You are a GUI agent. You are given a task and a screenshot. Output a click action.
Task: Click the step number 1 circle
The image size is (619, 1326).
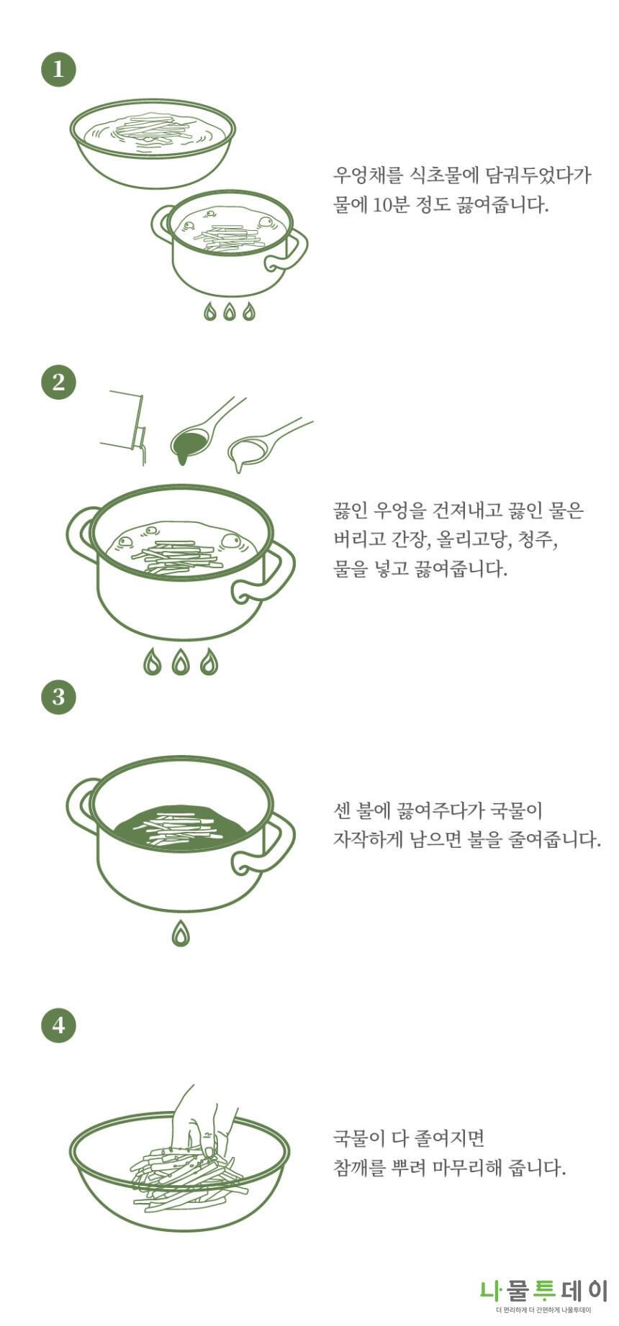(x=58, y=69)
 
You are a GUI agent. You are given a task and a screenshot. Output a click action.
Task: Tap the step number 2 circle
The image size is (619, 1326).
(x=58, y=381)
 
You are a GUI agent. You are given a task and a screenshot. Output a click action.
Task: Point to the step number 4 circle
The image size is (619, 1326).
(x=58, y=1024)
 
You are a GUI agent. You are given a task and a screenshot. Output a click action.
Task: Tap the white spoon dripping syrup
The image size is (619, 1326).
(x=248, y=449)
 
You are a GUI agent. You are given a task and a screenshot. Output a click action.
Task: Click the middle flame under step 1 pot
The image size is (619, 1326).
(x=230, y=311)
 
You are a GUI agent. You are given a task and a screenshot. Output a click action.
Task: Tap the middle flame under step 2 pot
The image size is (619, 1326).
(x=181, y=662)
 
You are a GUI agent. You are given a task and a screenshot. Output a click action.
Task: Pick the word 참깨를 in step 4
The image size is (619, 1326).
(x=359, y=1167)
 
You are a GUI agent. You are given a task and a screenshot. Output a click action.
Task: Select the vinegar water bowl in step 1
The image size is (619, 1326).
(x=153, y=144)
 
